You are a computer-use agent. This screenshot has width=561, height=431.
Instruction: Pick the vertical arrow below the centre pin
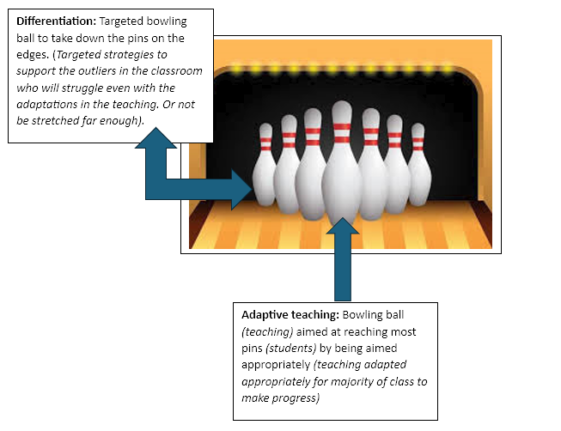(342, 258)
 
